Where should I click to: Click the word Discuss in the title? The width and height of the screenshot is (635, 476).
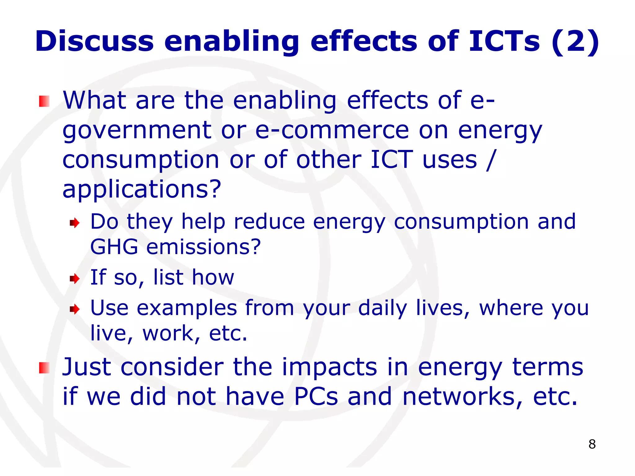tap(94, 41)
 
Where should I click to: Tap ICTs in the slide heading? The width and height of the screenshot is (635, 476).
tap(504, 41)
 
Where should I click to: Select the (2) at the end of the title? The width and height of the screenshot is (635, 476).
tap(575, 41)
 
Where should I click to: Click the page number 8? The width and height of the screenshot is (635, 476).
tap(592, 444)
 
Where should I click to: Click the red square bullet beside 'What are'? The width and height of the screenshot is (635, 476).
tap(44, 101)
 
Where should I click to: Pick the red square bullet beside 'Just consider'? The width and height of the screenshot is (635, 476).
tap(44, 368)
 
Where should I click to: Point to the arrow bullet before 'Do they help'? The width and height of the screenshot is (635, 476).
tap(75, 223)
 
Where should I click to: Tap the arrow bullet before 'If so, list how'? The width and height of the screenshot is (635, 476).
tap(75, 278)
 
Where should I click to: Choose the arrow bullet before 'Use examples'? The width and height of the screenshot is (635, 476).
tap(75, 309)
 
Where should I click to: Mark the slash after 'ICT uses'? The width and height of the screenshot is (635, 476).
tap(491, 160)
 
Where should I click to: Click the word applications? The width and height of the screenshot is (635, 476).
tap(142, 190)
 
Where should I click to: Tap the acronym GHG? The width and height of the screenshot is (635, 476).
tap(114, 247)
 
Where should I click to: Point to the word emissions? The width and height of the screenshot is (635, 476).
tap(203, 247)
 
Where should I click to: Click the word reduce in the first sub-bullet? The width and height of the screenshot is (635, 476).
tap(269, 222)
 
